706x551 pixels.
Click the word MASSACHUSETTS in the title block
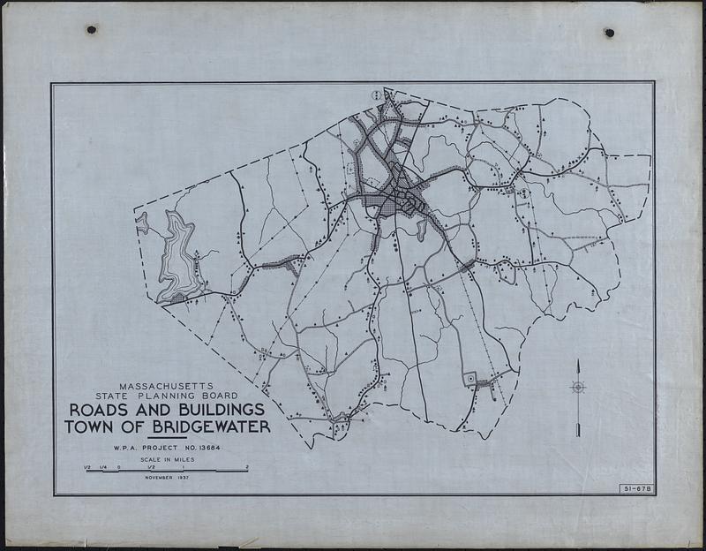pyautogui.click(x=167, y=387)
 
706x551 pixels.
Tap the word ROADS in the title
pyautogui.click(x=99, y=411)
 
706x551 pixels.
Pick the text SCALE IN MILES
pyautogui.click(x=166, y=460)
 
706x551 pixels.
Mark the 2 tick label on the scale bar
pyautogui.click(x=247, y=466)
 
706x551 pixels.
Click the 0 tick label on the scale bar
pyautogui.click(x=118, y=466)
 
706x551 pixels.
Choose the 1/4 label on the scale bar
pyautogui.click(x=102, y=466)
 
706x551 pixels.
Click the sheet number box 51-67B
pyautogui.click(x=635, y=487)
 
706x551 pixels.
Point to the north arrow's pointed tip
pyautogui.click(x=578, y=361)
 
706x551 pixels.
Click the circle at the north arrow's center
pyautogui.click(x=578, y=387)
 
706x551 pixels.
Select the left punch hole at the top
pyautogui.click(x=91, y=29)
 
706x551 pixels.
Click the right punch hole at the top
pyautogui.click(x=609, y=33)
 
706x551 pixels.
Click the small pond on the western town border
pyautogui.click(x=142, y=223)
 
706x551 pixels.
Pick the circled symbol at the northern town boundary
pyautogui.click(x=378, y=94)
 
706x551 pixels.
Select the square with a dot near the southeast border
pyautogui.click(x=470, y=379)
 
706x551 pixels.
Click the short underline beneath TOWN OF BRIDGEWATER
pyautogui.click(x=167, y=437)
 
